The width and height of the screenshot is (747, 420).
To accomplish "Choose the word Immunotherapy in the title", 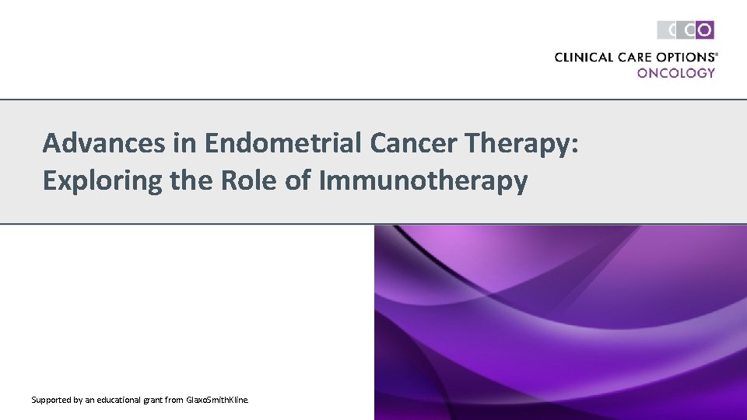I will [x=423, y=181].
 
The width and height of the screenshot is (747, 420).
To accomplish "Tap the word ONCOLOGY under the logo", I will [x=675, y=72].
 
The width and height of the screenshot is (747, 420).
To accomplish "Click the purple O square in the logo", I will [x=704, y=30].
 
